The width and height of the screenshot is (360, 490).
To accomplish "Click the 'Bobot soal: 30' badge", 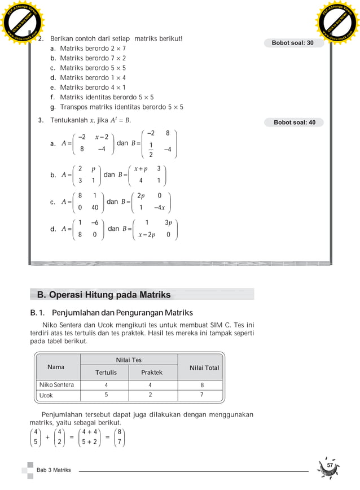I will pos(293,43).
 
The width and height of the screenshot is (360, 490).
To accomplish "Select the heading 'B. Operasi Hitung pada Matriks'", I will pos(104,295).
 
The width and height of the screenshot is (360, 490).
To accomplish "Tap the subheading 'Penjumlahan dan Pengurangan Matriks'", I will pos(122,312).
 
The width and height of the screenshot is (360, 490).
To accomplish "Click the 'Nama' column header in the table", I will pos(56,367).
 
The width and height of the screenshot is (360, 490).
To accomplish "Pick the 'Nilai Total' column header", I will pos(204,368).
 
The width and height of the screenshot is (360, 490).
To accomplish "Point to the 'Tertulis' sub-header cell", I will pos(106,373).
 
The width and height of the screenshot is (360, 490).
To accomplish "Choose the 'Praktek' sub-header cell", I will pos(152,373).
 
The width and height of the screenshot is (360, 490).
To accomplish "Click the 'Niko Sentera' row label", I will pos(56,385).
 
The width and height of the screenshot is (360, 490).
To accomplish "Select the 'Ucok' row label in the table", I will pos(46,396).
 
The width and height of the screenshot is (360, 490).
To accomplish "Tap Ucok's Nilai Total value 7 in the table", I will pos(202,396).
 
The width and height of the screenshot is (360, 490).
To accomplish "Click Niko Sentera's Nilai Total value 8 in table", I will pos(202,385).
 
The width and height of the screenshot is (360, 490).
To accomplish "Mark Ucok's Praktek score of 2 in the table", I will pos(150,396).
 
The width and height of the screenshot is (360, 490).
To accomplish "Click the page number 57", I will pos(331,465).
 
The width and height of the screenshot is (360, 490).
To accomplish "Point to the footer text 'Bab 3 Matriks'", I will pos(54,470).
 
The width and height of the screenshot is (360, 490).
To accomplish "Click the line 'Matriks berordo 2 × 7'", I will pos(93,49).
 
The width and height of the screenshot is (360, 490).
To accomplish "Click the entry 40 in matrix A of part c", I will pos(95,207).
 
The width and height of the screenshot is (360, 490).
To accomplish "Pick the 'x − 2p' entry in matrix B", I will pos(147,234).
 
